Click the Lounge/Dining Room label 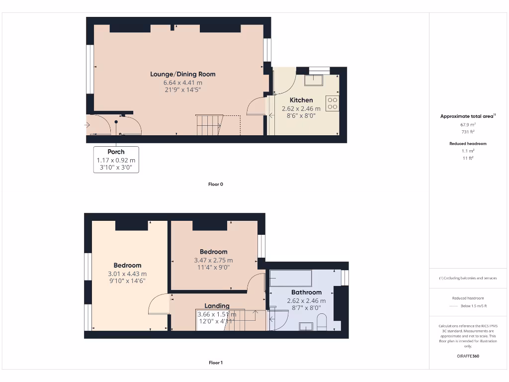click(183, 74)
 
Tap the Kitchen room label click(301, 100)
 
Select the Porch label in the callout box click(116, 152)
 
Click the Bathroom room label click(306, 292)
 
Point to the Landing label click(217, 305)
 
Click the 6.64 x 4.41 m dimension click(183, 83)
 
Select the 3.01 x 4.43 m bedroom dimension click(127, 274)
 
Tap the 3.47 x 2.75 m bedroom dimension click(213, 260)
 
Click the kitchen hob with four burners click(332, 103)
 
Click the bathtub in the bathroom click(290, 278)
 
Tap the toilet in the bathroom click(321, 322)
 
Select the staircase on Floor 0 click(209, 124)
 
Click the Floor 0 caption click(215, 184)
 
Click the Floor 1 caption click(215, 363)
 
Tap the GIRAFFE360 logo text click(468, 356)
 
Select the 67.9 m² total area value click(467, 125)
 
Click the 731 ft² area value click(467, 132)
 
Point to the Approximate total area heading click(468, 116)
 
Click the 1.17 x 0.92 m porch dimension click(116, 160)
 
